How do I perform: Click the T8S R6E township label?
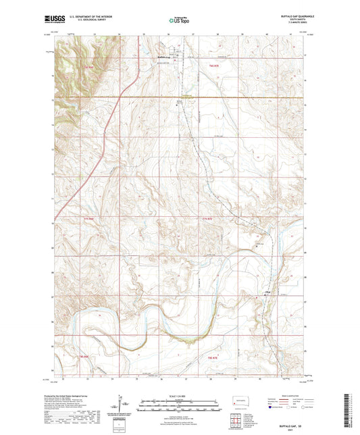(84, 356)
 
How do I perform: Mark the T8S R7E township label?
(213, 356)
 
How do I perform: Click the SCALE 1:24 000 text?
(179, 395)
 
